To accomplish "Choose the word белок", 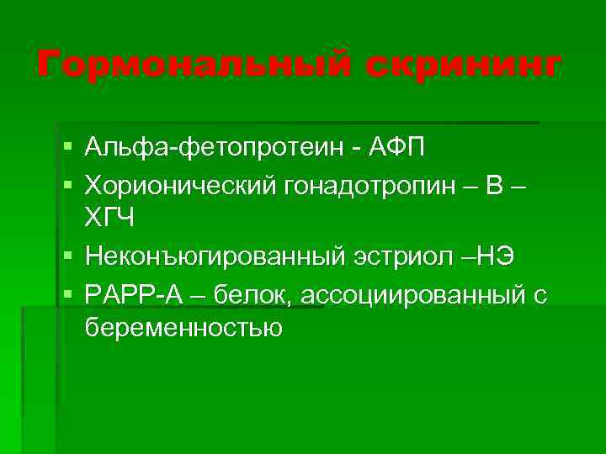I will (251, 293).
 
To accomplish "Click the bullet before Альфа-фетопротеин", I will (66, 150).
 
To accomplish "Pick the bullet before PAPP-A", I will (66, 293).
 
